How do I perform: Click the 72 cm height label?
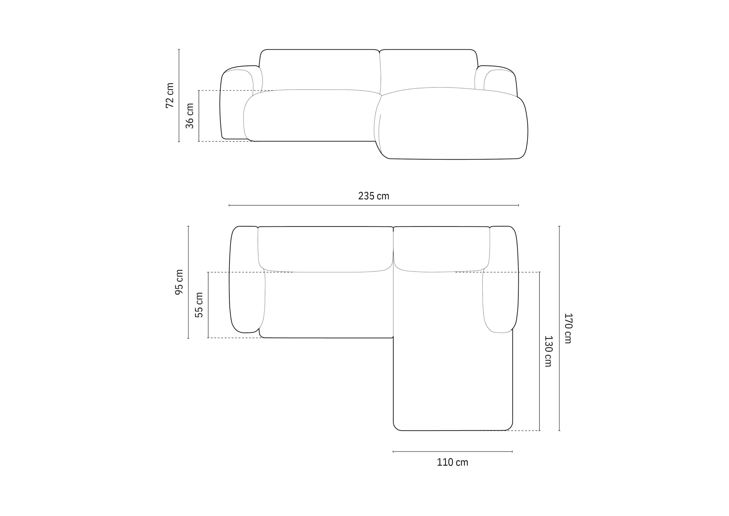click(x=170, y=96)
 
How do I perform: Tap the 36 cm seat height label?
click(x=190, y=116)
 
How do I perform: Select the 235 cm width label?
click(x=374, y=196)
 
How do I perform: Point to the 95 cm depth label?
click(x=179, y=282)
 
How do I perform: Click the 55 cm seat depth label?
click(x=199, y=305)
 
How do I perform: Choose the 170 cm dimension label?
click(x=568, y=328)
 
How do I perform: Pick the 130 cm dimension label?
click(x=548, y=351)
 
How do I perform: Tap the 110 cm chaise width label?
click(x=452, y=462)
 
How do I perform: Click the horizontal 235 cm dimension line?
click(x=374, y=205)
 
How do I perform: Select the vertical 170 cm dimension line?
click(x=559, y=328)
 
